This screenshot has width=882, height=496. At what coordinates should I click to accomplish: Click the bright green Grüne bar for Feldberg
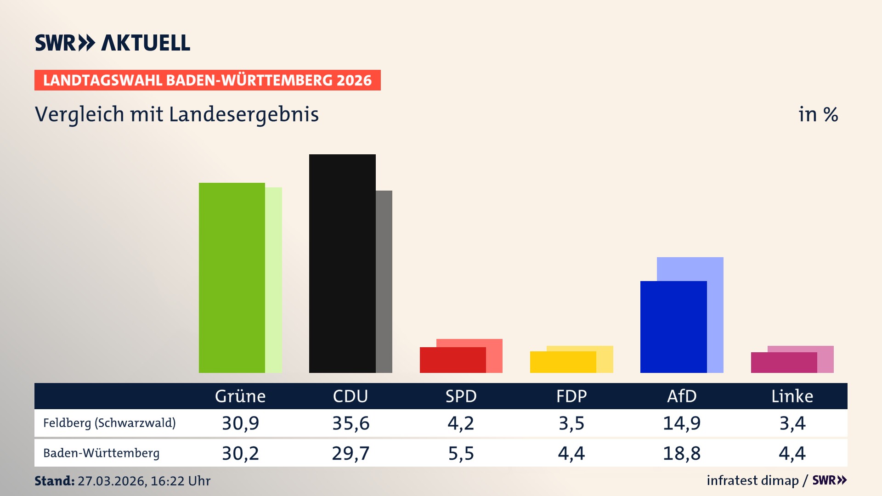232,278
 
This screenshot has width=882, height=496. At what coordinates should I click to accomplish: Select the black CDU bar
342,264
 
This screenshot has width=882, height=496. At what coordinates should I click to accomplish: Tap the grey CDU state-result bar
384,281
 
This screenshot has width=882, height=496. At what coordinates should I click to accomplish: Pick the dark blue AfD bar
673,327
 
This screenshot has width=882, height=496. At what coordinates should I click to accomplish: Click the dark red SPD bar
452,360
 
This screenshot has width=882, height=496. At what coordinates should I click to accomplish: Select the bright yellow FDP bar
563,362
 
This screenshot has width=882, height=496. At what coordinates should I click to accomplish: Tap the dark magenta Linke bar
784,362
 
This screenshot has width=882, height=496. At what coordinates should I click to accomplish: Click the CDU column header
351,396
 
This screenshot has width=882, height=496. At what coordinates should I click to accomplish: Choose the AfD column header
682,396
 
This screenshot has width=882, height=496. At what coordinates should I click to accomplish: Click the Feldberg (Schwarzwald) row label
109,423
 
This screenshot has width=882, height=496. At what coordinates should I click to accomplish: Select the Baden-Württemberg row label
101,453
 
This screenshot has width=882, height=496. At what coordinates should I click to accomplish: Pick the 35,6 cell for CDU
351,423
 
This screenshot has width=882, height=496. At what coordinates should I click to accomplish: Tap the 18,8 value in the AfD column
682,453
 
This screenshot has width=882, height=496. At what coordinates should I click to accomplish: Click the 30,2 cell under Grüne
240,453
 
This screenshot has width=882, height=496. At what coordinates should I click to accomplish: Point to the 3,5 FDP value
571,423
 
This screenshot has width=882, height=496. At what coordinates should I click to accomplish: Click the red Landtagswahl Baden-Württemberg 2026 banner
207,80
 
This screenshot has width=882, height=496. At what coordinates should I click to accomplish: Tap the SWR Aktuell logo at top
113,43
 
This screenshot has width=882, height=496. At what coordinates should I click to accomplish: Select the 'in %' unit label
818,114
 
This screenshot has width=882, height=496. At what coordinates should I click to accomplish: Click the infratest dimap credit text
752,480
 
